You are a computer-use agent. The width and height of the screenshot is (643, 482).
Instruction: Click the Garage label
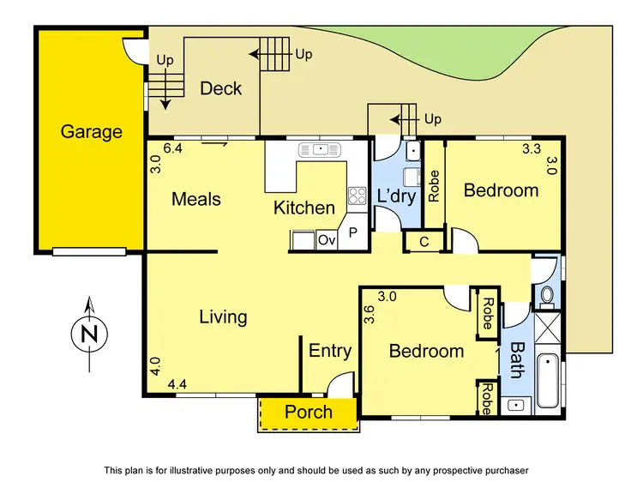[x=91, y=132]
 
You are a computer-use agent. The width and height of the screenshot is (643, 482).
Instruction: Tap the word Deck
[x=220, y=88]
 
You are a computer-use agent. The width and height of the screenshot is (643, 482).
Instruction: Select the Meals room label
[x=196, y=199]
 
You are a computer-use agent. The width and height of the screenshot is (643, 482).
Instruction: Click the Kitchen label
[x=304, y=208]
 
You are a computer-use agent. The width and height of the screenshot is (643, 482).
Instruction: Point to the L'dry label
[x=396, y=197]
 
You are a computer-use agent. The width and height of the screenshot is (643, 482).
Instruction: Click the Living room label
[x=223, y=316]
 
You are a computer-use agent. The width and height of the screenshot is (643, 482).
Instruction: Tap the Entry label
[x=330, y=350]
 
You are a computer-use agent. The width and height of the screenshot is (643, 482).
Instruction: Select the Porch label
[x=309, y=412]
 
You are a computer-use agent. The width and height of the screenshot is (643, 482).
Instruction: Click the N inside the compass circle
[x=88, y=334]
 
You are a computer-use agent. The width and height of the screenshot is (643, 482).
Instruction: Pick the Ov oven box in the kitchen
[x=327, y=240]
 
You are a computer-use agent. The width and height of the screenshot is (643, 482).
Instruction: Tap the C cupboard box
[x=424, y=242]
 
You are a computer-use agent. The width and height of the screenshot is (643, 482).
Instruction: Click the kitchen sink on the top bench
[x=320, y=150]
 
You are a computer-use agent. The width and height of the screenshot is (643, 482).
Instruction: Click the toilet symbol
[x=547, y=296]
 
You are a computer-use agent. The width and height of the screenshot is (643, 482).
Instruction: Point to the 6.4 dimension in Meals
[x=172, y=148]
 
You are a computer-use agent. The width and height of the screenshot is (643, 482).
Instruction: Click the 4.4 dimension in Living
[x=177, y=384]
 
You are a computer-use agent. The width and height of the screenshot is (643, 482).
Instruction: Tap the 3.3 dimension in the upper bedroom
[x=532, y=148]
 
